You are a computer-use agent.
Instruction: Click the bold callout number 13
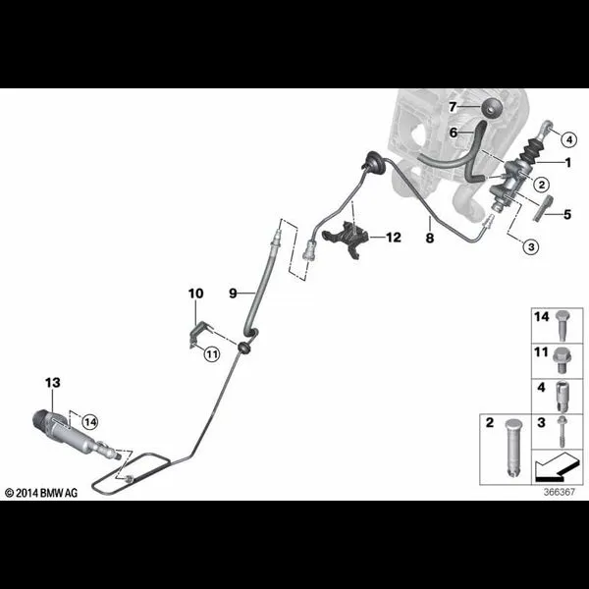pyautogui.click(x=53, y=383)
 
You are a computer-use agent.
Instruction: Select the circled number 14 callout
pyautogui.click(x=90, y=422)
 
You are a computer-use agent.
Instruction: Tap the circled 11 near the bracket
pyautogui.click(x=212, y=353)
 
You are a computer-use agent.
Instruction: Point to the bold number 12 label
pyautogui.click(x=394, y=237)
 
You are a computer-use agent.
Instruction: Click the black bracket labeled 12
pyautogui.click(x=346, y=239)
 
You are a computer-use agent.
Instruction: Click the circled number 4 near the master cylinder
pyautogui.click(x=569, y=139)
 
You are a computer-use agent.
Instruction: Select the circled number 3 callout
pyautogui.click(x=531, y=246)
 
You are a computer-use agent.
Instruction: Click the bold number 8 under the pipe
pyautogui.click(x=430, y=238)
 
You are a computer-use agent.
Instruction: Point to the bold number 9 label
pyautogui.click(x=233, y=293)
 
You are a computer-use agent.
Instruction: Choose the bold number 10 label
pyautogui.click(x=195, y=294)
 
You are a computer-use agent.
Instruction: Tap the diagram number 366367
pyautogui.click(x=560, y=492)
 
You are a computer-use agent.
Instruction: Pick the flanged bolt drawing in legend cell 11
pyautogui.click(x=562, y=360)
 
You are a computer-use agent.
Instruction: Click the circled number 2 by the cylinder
pyautogui.click(x=541, y=185)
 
